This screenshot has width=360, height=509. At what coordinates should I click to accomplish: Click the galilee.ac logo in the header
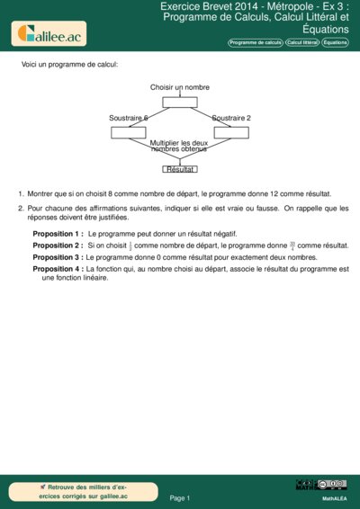[48, 34]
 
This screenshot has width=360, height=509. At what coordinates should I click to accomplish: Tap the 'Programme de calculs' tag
[256, 42]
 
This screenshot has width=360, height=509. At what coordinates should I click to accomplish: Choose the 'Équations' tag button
[336, 42]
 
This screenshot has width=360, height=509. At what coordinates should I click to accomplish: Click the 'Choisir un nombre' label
[180, 87]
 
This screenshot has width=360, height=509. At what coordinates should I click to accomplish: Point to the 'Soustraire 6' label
[129, 118]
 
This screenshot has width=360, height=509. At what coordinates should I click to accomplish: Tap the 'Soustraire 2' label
[231, 118]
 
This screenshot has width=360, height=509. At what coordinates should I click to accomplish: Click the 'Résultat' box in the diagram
[180, 169]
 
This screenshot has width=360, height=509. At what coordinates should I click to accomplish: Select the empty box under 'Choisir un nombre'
[180, 102]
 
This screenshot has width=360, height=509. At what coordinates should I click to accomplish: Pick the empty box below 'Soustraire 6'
[129, 133]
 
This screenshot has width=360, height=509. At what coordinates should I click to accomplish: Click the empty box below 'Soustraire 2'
[231, 133]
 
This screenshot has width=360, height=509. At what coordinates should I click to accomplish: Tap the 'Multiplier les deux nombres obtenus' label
[179, 146]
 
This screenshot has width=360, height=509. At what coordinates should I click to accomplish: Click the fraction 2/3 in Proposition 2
[130, 246]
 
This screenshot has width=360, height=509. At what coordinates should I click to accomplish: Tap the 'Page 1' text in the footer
[180, 497]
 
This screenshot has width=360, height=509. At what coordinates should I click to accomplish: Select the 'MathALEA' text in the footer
[334, 497]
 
